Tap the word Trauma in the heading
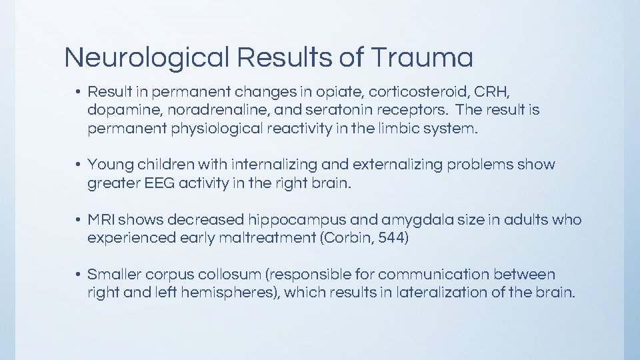(422, 58)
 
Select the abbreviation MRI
(101, 219)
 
